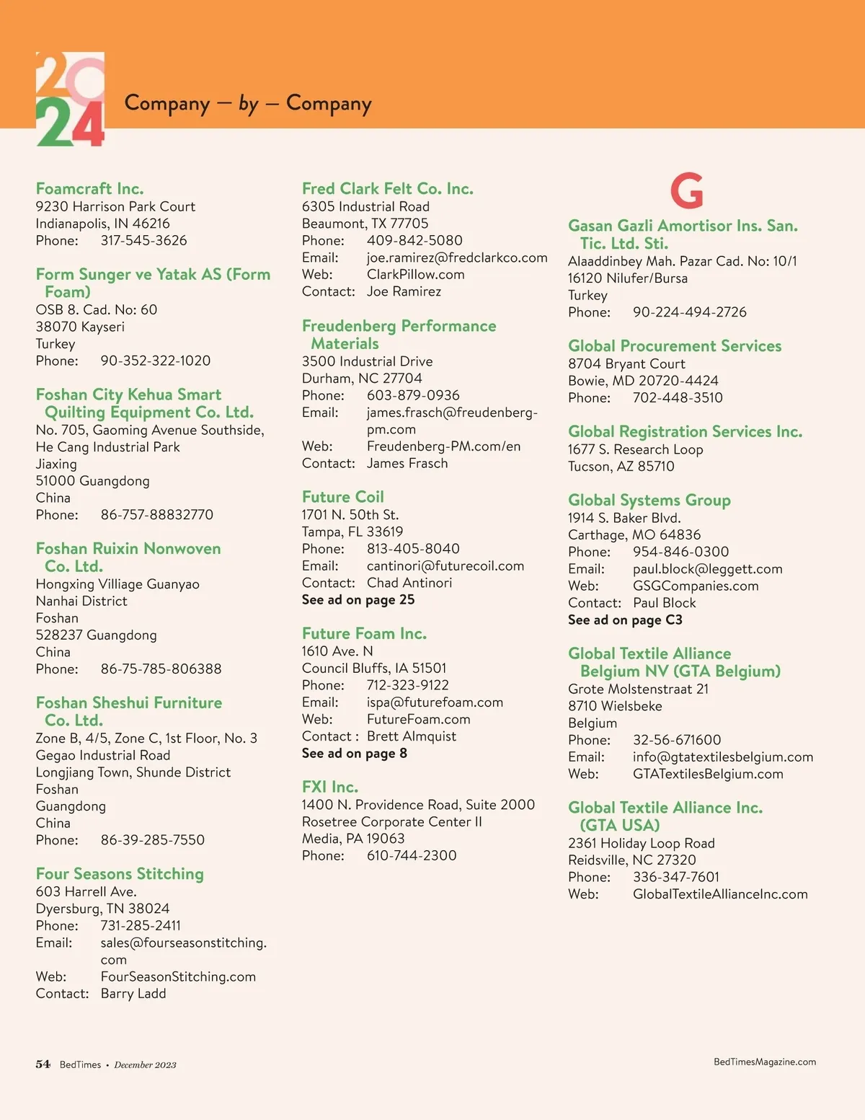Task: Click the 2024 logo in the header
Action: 70,100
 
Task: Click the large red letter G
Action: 686,190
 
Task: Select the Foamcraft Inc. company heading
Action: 89,189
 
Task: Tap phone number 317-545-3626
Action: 143,241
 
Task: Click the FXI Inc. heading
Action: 330,787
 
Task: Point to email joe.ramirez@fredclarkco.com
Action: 457,257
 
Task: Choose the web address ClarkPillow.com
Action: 415,275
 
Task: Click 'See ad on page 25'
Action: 358,600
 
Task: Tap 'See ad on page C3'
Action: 625,620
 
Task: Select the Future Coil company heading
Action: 343,497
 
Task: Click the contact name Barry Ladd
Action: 133,994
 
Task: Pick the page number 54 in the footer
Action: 43,1064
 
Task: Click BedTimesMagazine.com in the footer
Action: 765,1062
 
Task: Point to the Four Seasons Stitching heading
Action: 120,874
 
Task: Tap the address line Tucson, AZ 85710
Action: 621,467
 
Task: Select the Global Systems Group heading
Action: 649,501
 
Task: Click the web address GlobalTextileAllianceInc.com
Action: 720,894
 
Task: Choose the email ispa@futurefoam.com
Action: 435,702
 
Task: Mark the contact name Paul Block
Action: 665,603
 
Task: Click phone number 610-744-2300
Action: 412,856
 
